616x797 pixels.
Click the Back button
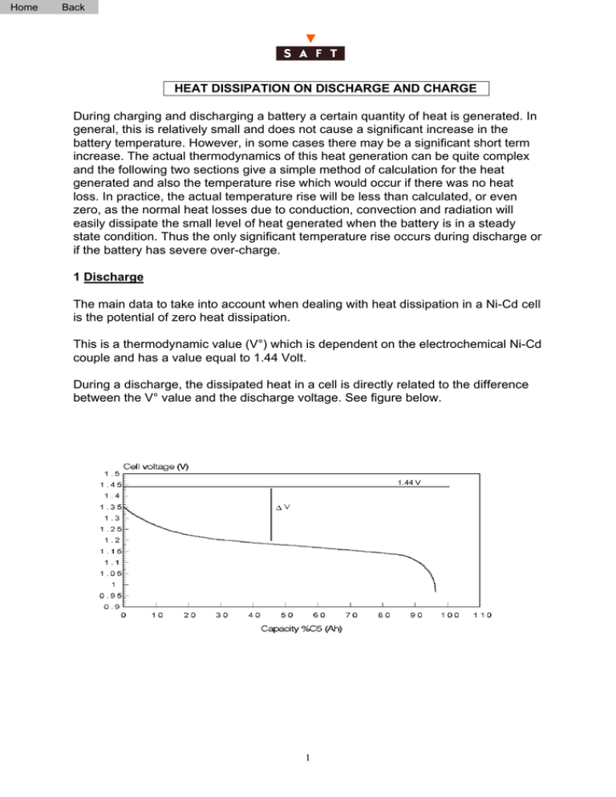(73, 7)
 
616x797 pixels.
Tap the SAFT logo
(310, 55)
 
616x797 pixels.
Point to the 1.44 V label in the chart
(411, 483)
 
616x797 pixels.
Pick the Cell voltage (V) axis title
(156, 467)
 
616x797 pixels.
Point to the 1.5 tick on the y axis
(107, 474)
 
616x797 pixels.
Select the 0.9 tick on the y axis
(107, 606)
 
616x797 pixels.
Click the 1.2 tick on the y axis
(107, 540)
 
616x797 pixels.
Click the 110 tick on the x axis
(480, 615)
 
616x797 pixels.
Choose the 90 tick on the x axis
(415, 615)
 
